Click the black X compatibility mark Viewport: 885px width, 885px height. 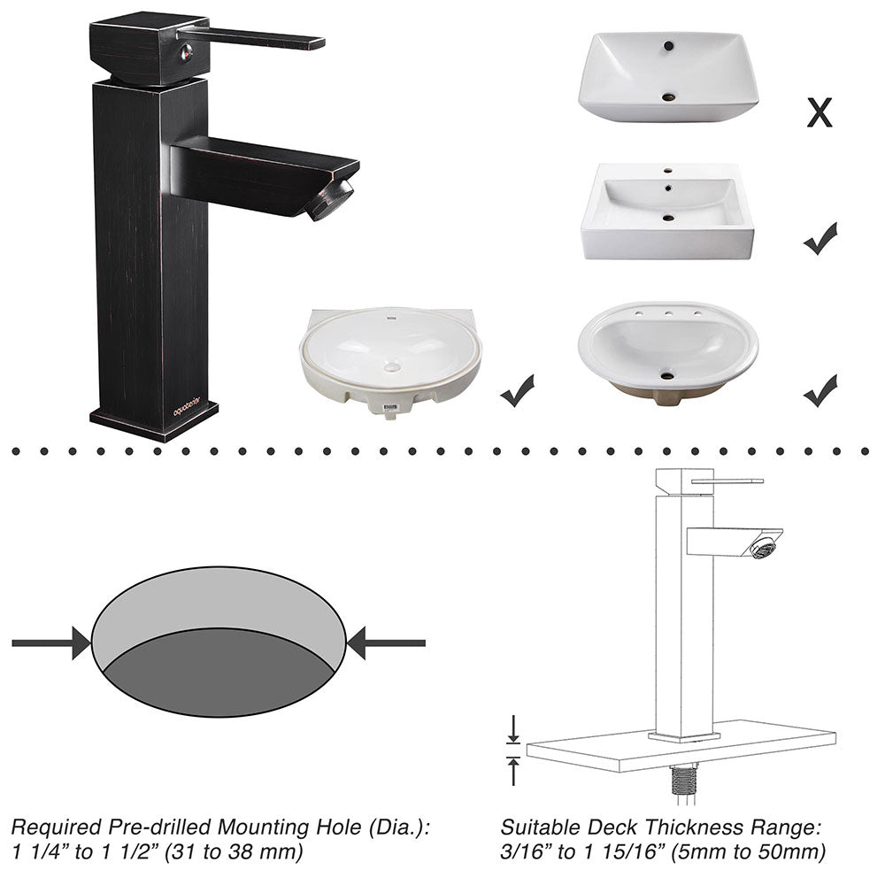[x=820, y=113]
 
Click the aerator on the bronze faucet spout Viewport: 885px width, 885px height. [x=328, y=199]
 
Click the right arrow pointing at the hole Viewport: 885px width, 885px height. [x=386, y=643]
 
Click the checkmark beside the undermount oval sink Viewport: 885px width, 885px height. [x=517, y=389]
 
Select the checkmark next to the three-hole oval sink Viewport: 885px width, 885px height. [x=820, y=389]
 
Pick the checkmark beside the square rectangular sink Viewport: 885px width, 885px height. [x=820, y=239]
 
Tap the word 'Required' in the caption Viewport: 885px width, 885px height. [x=53, y=828]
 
